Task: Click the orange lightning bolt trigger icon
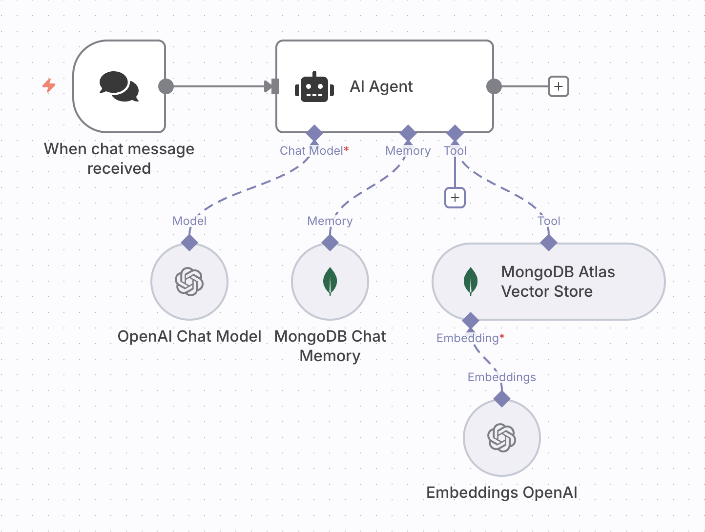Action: coord(49,85)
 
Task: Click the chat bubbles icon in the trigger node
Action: coord(119,86)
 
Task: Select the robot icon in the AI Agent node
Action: coord(314,87)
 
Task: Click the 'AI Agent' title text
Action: coord(381,86)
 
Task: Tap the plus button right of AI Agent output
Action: coord(559,86)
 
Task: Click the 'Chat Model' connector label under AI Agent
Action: coord(311,151)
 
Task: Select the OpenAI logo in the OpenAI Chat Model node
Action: coord(189,282)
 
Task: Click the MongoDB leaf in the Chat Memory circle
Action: coord(330,282)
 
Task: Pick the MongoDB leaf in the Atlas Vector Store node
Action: coord(470,282)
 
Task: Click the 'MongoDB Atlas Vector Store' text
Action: coord(558,282)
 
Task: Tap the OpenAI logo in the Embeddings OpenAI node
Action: coord(502,438)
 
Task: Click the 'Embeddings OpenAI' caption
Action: coord(502,492)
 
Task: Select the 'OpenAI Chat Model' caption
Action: coord(189,336)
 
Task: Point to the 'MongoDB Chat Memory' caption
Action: coord(330,346)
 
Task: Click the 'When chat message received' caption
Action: coord(119,159)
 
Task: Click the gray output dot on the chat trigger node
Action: coord(166,86)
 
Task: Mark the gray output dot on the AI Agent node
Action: coord(494,86)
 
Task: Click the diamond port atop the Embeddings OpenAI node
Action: coord(502,399)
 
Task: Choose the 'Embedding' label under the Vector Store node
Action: coord(467,338)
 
